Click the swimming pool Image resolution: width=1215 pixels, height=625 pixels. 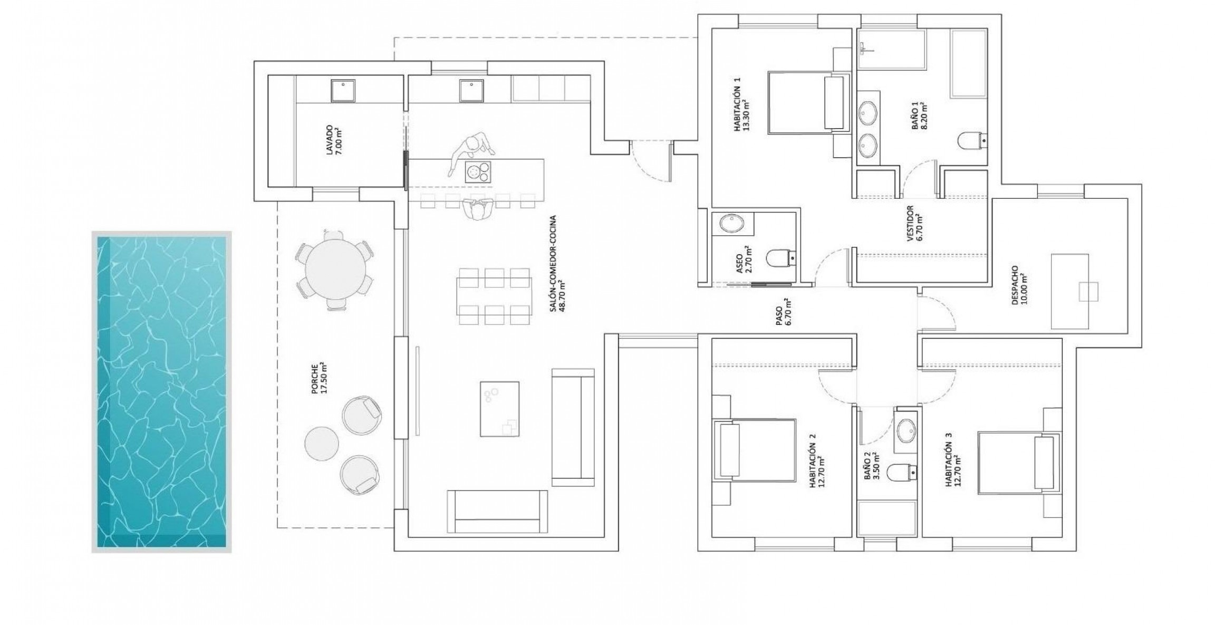tap(161, 391)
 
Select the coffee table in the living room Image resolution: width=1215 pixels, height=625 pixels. tap(499, 409)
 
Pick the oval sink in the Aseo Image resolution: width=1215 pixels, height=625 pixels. tap(732, 223)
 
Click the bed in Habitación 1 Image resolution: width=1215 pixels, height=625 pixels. tap(809, 102)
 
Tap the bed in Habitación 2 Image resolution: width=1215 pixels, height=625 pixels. tap(754, 450)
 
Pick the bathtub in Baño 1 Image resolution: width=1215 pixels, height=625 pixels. tap(968, 64)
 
